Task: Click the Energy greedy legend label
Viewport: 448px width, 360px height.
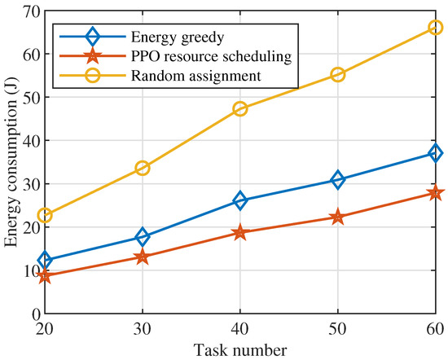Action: coord(159,37)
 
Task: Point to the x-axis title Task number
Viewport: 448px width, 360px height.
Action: coord(240,351)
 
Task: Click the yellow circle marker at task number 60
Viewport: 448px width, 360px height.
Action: coord(436,27)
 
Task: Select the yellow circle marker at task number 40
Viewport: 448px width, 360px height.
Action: coord(240,108)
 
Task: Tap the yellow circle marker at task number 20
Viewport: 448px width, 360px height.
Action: coord(45,215)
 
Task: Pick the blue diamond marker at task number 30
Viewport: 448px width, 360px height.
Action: coord(143,237)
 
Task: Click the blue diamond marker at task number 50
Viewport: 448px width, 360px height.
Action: coord(338,179)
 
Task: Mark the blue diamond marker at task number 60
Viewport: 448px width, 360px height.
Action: coord(436,152)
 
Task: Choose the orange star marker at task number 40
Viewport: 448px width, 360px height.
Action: coord(240,232)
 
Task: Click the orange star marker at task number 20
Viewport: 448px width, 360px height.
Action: coord(45,275)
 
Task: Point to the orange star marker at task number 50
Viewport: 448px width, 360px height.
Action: coord(338,217)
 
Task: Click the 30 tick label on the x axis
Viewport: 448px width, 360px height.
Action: coord(143,330)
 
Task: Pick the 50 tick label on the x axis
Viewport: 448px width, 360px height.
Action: coord(338,330)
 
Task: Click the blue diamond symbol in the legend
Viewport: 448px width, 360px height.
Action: coord(91,37)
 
